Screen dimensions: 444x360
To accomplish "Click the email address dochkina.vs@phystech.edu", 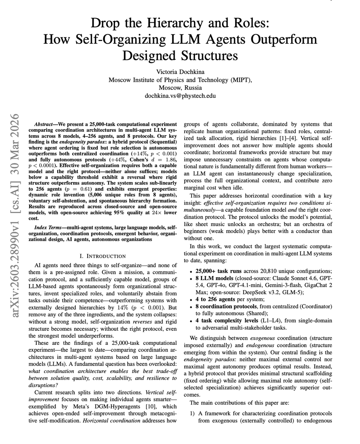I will [x=180, y=95].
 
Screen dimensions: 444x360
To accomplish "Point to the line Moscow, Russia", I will [x=180, y=87].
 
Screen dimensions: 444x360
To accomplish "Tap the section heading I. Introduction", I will [x=102, y=256].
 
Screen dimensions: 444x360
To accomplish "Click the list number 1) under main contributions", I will [x=192, y=413].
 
